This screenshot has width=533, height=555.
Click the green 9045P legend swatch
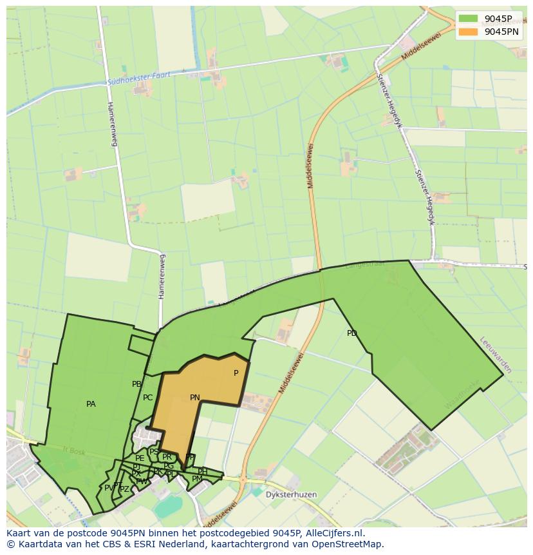point(468,19)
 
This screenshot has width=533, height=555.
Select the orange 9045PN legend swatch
point(468,32)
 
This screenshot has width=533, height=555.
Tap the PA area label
point(91,404)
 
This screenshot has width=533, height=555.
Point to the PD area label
point(351,333)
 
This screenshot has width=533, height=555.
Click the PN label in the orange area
point(195,398)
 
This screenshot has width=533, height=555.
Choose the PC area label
point(148,398)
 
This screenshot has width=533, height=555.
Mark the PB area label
point(136,384)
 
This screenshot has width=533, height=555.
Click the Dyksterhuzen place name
point(283,494)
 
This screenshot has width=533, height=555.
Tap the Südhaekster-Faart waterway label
point(140,79)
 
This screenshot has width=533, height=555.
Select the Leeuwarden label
point(496,355)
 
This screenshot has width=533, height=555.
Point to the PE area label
point(140,458)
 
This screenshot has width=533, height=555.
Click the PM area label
point(197,479)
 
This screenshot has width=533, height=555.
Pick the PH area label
point(202,471)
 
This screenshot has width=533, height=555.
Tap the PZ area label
point(124,489)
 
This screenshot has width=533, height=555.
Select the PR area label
point(167,457)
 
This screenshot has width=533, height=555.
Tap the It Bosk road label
point(73,450)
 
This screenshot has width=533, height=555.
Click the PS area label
point(154,452)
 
